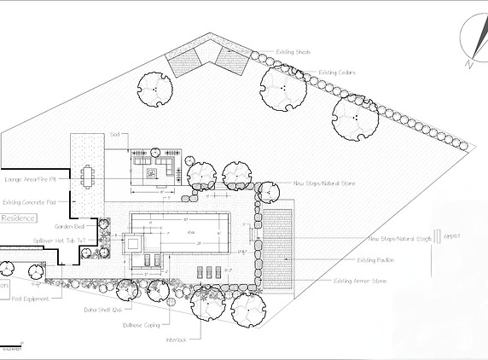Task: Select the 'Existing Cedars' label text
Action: tap(337, 73)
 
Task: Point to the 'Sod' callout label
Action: tap(113, 135)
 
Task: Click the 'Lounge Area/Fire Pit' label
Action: tap(31, 179)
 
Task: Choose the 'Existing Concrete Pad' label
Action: tap(30, 202)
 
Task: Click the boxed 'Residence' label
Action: tap(18, 218)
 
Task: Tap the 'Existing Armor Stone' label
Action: tap(359, 281)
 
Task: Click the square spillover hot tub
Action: tap(136, 243)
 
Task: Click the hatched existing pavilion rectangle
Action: tap(278, 247)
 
